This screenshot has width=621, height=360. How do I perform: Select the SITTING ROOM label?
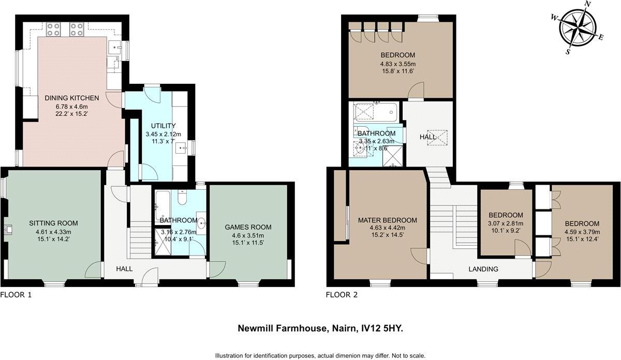[53, 223]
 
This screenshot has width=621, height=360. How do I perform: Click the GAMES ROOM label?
[248, 227]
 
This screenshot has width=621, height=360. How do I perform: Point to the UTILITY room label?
[164, 126]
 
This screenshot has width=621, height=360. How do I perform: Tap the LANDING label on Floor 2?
[483, 269]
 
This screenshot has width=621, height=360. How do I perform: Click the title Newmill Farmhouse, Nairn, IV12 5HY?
[320, 328]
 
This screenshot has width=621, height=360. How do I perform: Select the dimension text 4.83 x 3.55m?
[398, 64]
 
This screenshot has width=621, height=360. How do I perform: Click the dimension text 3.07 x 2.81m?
[506, 224]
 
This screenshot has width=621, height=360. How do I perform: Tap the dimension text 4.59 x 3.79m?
[582, 232]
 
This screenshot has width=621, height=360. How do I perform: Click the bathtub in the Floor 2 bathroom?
[376, 111]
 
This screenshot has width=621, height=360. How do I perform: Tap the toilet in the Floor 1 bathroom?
[182, 198]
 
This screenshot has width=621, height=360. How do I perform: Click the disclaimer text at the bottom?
[320, 355]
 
